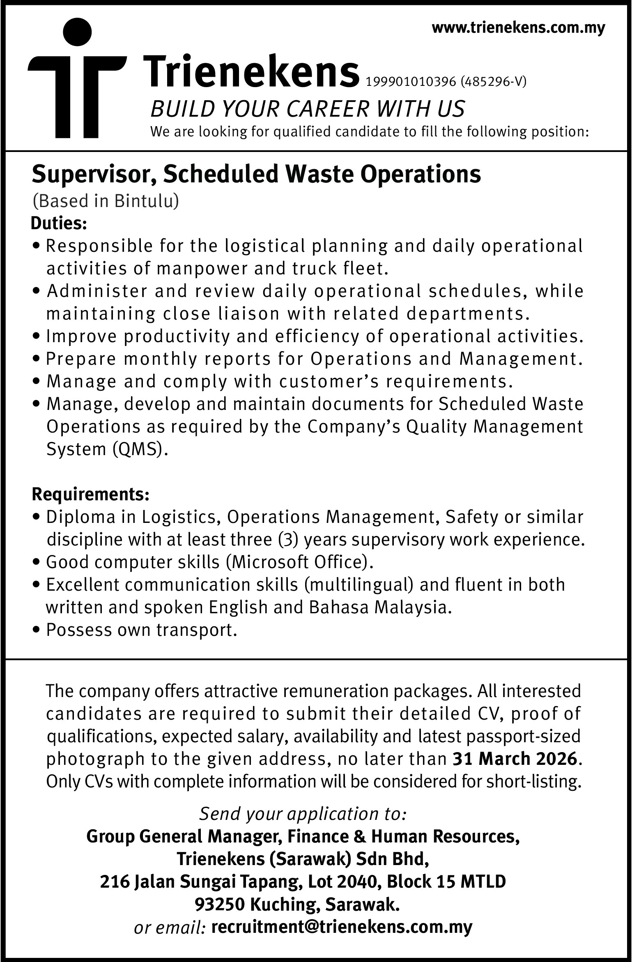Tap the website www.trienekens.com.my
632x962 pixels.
(518, 28)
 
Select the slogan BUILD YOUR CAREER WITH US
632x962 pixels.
(308, 109)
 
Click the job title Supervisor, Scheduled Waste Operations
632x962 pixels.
(256, 174)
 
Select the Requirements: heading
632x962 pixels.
(90, 495)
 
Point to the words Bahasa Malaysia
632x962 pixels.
(377, 607)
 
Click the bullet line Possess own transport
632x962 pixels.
(142, 630)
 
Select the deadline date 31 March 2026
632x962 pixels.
(515, 758)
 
